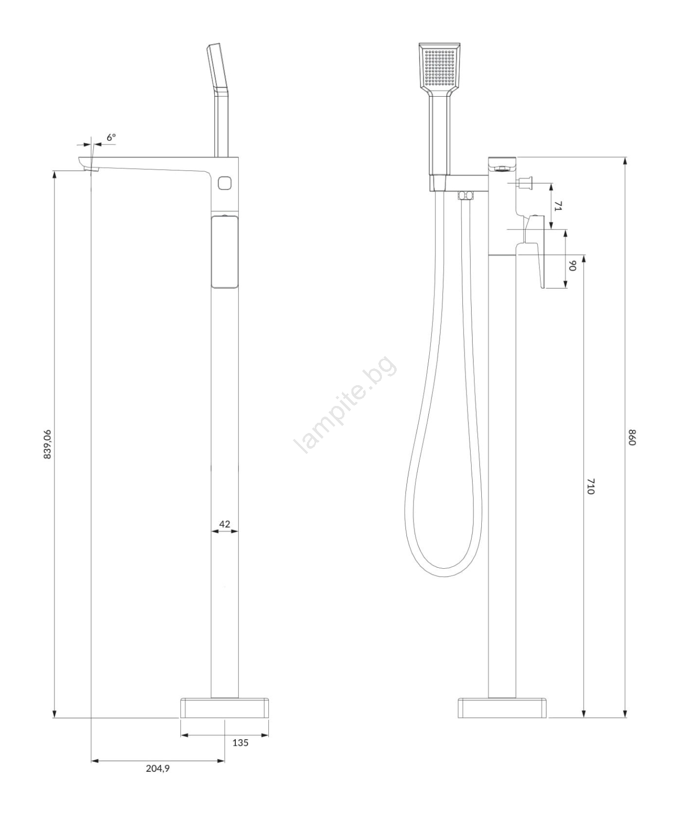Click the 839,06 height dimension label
pos(47,444)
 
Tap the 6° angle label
pos(111,137)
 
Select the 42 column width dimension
pos(225,524)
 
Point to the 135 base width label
pos(240,743)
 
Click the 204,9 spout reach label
pos(158,768)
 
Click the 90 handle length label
pos(572,266)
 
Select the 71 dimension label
pos(558,206)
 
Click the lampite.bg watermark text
pos(345,404)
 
